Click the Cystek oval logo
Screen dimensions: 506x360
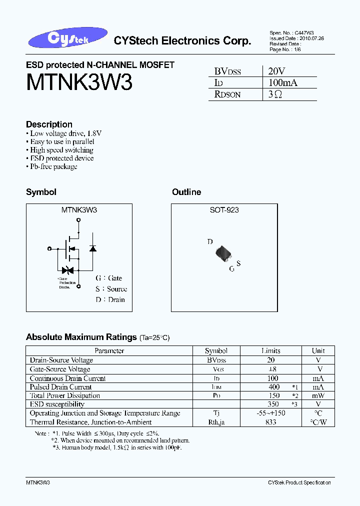tap(73, 38)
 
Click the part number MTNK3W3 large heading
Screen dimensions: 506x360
tap(79, 82)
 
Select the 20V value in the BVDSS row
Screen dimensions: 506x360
tap(276, 71)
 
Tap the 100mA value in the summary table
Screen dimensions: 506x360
tap(282, 82)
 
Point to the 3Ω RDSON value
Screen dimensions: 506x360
tap(275, 94)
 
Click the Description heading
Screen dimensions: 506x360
tap(49, 124)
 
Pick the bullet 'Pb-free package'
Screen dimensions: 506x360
tap(53, 166)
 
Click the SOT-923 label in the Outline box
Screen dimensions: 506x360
tap(224, 210)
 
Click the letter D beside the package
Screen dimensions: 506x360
tap(210, 242)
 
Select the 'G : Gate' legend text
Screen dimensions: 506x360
tap(108, 278)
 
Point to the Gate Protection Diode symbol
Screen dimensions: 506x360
tap(68, 270)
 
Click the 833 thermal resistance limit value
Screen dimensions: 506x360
tap(270, 422)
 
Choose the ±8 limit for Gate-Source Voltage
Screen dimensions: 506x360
tap(270, 369)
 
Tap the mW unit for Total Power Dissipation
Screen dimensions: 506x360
tap(318, 395)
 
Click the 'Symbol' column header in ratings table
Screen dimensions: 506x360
tap(216, 351)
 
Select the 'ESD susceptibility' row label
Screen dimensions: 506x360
tap(57, 404)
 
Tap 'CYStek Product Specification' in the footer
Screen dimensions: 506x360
tap(299, 482)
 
